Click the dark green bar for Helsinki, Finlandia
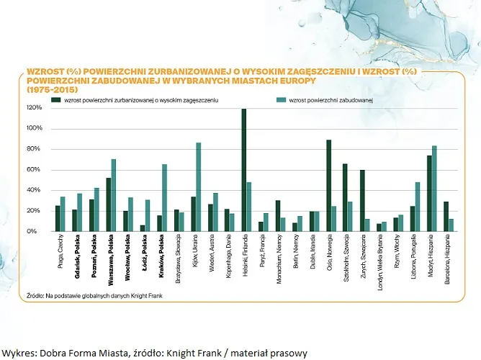point(244,170)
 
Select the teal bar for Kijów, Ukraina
point(198,187)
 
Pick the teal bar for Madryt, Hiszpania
point(434,189)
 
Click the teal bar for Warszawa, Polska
point(114,195)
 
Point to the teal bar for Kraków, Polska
point(164,198)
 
